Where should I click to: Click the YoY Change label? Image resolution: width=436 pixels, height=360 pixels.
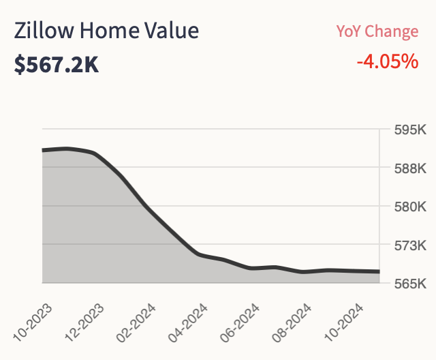pyautogui.click(x=377, y=31)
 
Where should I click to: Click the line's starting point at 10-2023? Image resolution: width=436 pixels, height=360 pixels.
pyautogui.click(x=43, y=150)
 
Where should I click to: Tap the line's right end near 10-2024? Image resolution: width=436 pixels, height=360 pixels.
pyautogui.click(x=379, y=271)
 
